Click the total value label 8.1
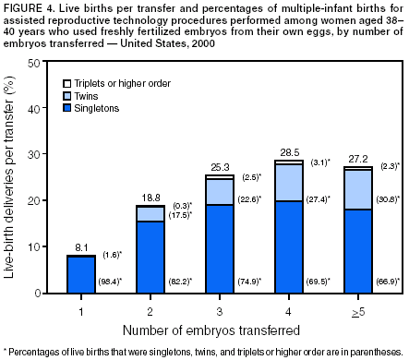point(80,247)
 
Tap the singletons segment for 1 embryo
point(80,274)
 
